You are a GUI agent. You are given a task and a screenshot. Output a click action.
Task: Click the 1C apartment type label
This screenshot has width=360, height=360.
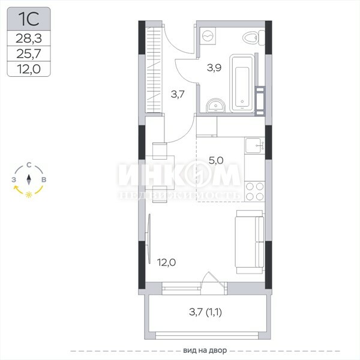(28, 19)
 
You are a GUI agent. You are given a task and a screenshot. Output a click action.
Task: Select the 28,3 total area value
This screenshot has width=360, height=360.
(29, 38)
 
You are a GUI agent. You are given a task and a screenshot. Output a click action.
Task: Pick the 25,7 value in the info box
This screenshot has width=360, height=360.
(29, 53)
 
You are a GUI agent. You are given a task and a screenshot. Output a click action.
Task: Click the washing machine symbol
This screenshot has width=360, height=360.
(208, 35)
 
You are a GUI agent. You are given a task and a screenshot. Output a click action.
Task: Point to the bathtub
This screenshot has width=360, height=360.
(242, 83)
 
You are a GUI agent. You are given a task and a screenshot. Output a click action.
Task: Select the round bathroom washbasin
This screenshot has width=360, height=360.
(215, 106)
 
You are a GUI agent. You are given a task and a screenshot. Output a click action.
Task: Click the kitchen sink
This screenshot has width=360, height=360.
(254, 145)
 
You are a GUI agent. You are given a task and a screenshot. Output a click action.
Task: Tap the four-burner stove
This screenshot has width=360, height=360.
(254, 191)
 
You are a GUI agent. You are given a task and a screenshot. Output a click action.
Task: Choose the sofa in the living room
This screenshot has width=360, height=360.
(250, 242)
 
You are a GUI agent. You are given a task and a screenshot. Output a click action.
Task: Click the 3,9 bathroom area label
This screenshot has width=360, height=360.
(214, 68)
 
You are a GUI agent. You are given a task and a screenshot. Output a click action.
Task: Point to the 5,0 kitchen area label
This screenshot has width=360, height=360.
(216, 160)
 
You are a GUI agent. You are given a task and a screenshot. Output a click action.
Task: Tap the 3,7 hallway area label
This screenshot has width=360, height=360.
(178, 94)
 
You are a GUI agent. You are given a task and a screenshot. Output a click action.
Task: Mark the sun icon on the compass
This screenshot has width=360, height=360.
(29, 194)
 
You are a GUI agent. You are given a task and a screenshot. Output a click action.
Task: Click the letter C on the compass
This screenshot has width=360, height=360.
(29, 165)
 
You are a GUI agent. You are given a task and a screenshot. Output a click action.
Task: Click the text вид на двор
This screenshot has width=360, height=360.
(205, 350)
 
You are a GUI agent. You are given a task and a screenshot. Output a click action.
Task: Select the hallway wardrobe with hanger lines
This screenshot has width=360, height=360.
(154, 70)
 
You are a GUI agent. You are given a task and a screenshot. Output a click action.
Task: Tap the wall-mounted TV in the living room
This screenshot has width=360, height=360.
(149, 239)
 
